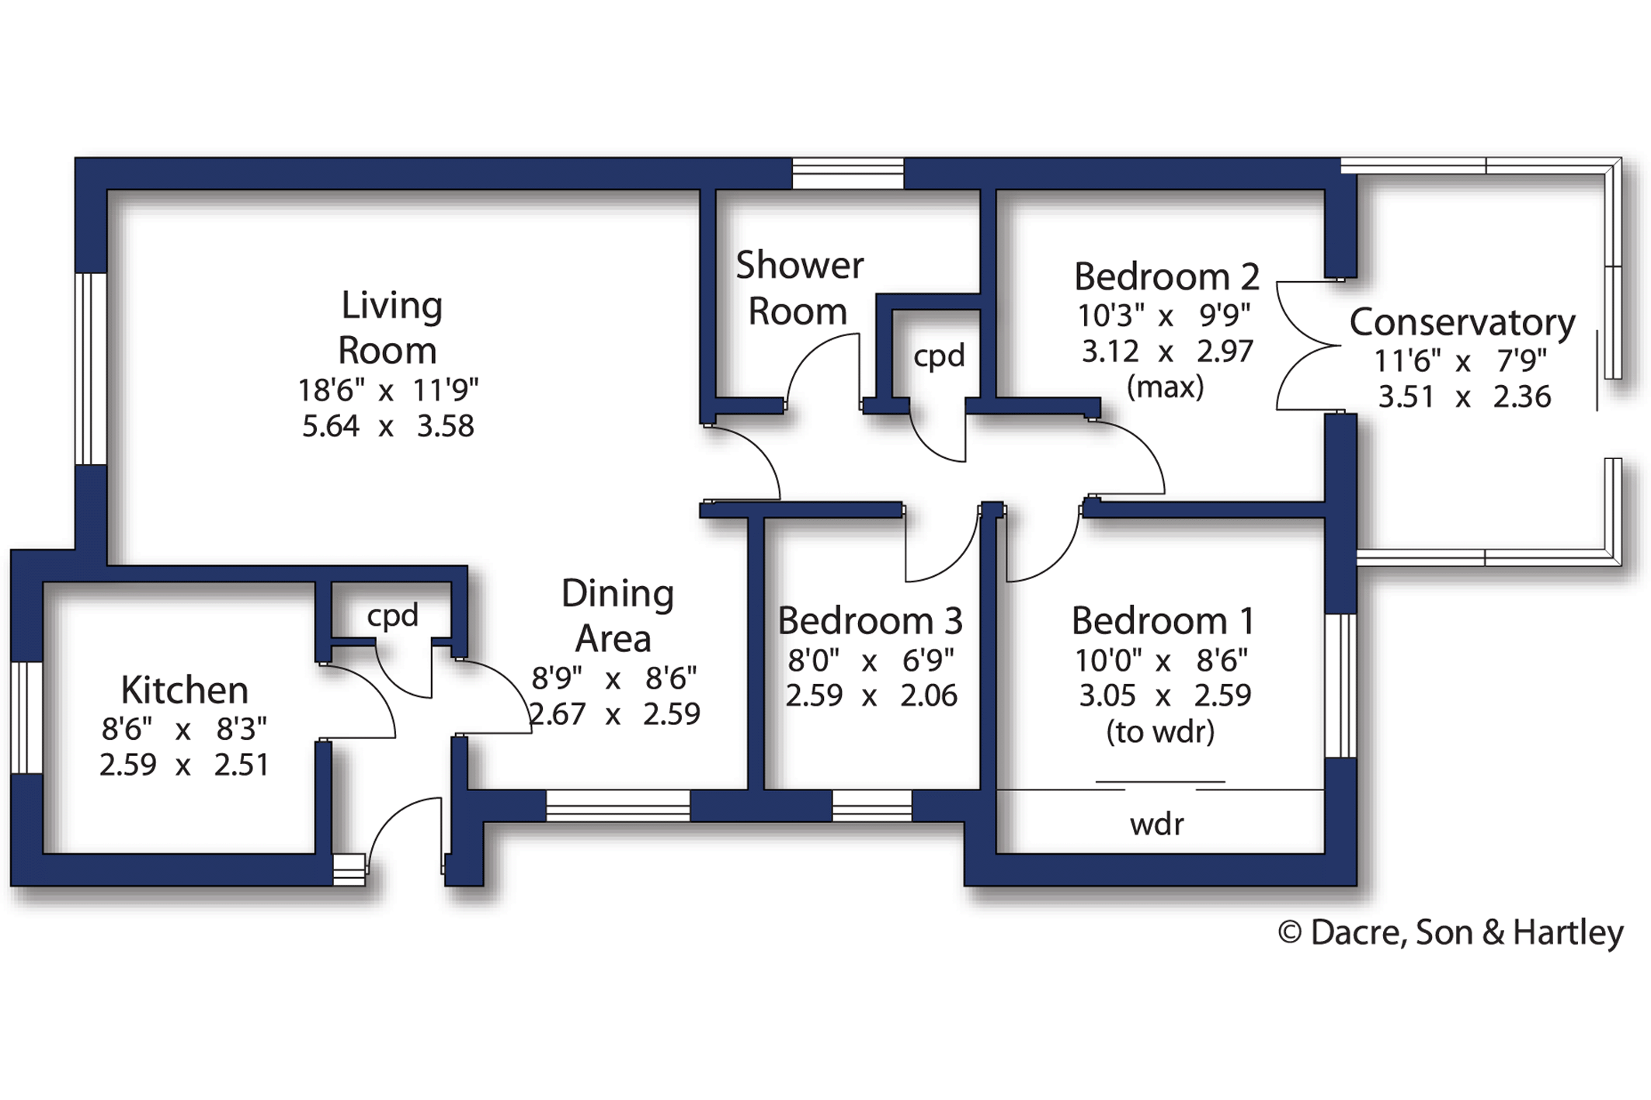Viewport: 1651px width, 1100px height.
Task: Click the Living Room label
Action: point(390,328)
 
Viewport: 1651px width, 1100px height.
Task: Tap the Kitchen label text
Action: point(185,689)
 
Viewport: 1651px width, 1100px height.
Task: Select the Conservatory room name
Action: point(1462,321)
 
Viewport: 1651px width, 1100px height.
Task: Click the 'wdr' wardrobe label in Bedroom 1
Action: point(1156,824)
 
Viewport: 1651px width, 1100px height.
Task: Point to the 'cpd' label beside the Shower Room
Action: point(939,356)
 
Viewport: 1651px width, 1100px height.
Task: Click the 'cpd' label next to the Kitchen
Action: point(392,616)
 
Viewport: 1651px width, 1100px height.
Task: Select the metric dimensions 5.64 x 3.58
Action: point(388,426)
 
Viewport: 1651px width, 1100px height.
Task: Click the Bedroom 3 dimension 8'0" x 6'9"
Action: point(870,661)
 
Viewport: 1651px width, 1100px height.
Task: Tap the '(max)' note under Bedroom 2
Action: point(1165,386)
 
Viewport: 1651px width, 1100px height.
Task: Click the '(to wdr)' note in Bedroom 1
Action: point(1160,731)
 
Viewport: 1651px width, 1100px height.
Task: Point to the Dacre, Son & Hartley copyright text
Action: point(1450,932)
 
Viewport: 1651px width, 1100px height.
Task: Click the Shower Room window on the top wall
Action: point(848,173)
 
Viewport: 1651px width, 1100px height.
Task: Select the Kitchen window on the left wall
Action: point(27,717)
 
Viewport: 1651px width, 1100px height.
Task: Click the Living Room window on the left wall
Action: point(91,369)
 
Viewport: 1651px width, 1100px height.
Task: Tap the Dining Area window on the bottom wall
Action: point(618,806)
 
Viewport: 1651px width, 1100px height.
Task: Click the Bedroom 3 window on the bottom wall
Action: point(871,806)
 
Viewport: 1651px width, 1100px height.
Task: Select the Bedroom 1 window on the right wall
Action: point(1340,685)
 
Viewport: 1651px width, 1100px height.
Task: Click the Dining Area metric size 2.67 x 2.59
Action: point(613,713)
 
